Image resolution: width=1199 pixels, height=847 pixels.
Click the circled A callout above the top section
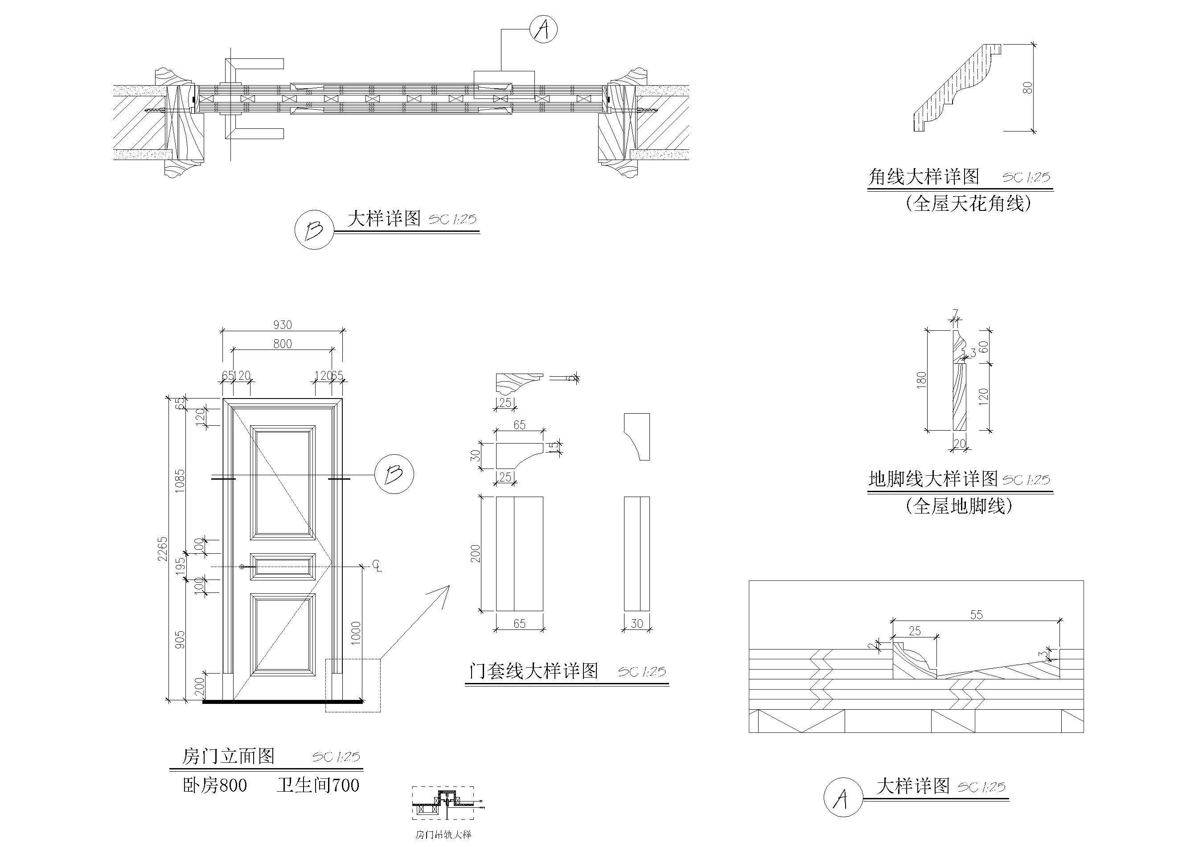(x=542, y=29)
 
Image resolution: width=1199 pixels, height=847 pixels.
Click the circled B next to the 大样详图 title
(x=314, y=230)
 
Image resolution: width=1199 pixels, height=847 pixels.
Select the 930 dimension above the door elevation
(x=282, y=325)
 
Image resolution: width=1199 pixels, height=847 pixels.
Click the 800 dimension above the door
(x=282, y=344)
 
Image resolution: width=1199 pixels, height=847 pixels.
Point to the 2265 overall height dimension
(x=162, y=548)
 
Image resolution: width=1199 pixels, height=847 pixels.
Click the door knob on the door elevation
(x=242, y=567)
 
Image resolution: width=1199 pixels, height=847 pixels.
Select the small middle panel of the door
(x=283, y=567)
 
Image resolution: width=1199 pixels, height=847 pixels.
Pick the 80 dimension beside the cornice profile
(x=1027, y=87)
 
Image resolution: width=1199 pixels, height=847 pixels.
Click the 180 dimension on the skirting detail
(x=921, y=378)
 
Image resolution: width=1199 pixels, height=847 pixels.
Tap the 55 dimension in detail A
(x=976, y=615)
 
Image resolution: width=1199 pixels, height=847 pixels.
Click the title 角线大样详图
(x=923, y=177)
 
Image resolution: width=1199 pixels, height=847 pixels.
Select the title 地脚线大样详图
(x=932, y=479)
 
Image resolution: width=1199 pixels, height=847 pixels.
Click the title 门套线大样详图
(x=533, y=671)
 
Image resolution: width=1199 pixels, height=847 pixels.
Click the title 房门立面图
(x=228, y=756)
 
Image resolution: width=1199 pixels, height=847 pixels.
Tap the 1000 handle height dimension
(x=356, y=633)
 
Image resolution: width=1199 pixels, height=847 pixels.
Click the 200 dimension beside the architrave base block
(x=475, y=554)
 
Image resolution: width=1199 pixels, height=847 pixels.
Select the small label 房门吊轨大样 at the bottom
(x=443, y=835)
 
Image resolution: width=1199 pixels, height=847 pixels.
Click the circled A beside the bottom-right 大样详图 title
(x=842, y=798)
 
